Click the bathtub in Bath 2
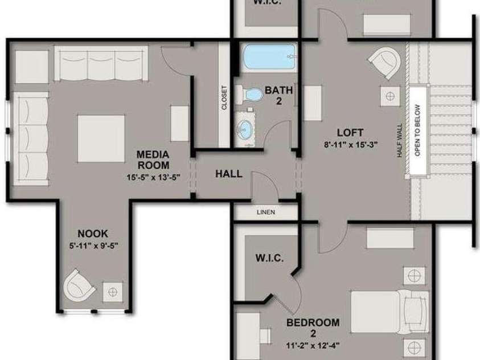(x=269, y=57)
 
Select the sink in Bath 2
(x=245, y=129)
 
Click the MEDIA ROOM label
(x=153, y=159)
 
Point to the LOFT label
(x=351, y=133)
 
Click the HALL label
(x=229, y=174)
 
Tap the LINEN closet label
(x=266, y=212)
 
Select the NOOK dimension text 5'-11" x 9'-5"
(x=94, y=246)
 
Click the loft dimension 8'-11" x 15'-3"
(x=351, y=144)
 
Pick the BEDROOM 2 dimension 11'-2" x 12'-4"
(x=313, y=346)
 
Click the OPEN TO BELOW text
(x=417, y=130)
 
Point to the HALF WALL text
(x=400, y=141)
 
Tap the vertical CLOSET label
(x=224, y=97)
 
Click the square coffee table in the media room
(x=101, y=138)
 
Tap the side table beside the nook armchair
(x=113, y=292)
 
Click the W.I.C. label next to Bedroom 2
(x=269, y=258)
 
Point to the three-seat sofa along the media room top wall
(x=101, y=63)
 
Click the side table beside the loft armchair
(x=390, y=96)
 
